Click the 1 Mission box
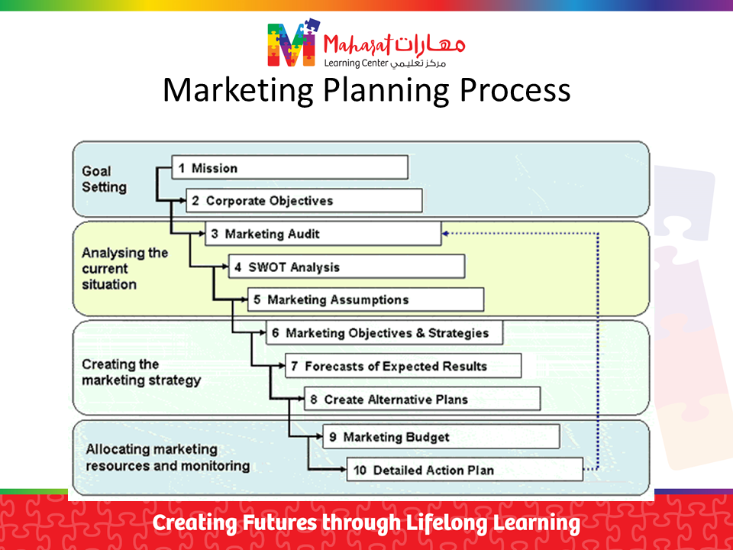tap(290, 167)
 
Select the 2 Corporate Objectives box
tap(305, 201)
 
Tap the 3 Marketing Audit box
tap(323, 234)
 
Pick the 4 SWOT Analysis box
tap(347, 267)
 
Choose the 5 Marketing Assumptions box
tap(366, 299)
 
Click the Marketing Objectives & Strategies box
tap(384, 332)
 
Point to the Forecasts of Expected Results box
tap(403, 366)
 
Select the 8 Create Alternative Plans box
tap(422, 399)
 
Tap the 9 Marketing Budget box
tap(441, 436)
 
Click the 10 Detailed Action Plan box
tap(465, 470)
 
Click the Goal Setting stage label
tap(105, 179)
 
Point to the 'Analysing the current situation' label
tap(124, 268)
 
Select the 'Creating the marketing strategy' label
tap(141, 372)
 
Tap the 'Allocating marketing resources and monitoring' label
tap(168, 458)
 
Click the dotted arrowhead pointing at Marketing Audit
tap(445, 234)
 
